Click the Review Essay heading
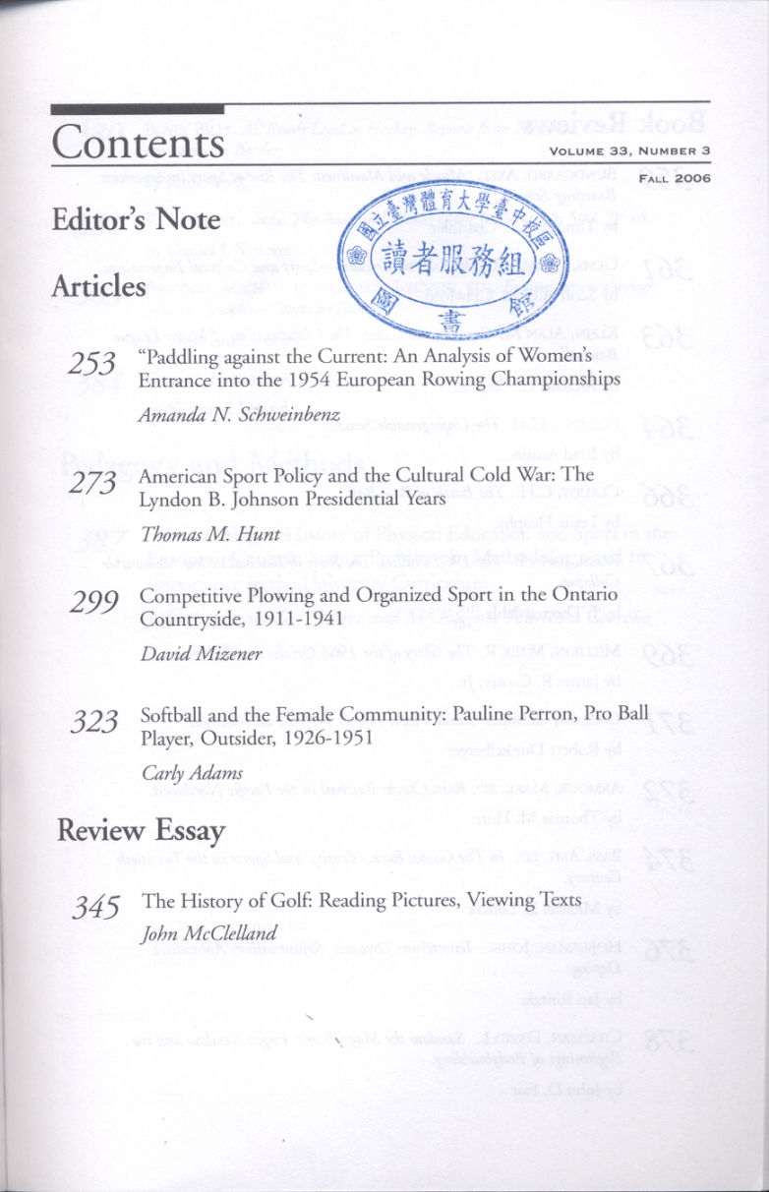(141, 831)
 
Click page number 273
(95, 483)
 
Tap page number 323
(95, 721)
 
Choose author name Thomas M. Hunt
(211, 535)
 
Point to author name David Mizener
(202, 653)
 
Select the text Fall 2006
(675, 178)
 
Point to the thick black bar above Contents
(138, 109)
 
